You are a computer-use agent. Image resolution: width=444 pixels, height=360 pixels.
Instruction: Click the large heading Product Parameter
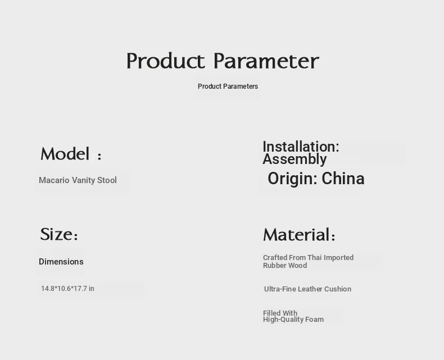(x=223, y=61)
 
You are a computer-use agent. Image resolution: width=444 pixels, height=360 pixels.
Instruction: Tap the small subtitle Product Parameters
(x=228, y=86)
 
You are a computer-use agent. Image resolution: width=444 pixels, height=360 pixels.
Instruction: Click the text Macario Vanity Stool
(x=78, y=180)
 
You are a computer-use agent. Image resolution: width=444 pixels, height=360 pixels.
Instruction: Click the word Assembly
(x=295, y=160)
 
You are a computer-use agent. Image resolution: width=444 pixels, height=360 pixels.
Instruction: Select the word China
(x=343, y=179)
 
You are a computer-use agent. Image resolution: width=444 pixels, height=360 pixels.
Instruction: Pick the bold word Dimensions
(x=61, y=262)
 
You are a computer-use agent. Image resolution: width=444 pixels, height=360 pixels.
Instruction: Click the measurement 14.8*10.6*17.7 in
(x=67, y=289)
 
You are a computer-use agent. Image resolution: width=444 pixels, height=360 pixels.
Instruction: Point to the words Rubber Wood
(x=285, y=266)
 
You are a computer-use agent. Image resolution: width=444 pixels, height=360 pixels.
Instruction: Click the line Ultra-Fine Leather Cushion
(x=307, y=289)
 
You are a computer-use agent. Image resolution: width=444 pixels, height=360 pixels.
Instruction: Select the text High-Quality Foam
(x=293, y=320)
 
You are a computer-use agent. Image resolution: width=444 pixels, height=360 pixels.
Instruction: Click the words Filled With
(x=280, y=313)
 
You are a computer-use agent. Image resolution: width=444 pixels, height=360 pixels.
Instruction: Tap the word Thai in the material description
(x=314, y=258)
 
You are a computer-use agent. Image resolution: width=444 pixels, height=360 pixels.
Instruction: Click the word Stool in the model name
(x=107, y=180)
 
